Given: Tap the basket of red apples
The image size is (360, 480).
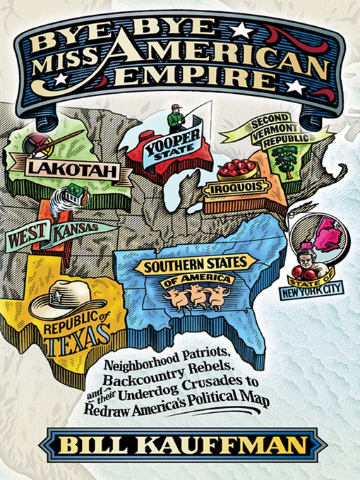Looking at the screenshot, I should coord(236,168).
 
